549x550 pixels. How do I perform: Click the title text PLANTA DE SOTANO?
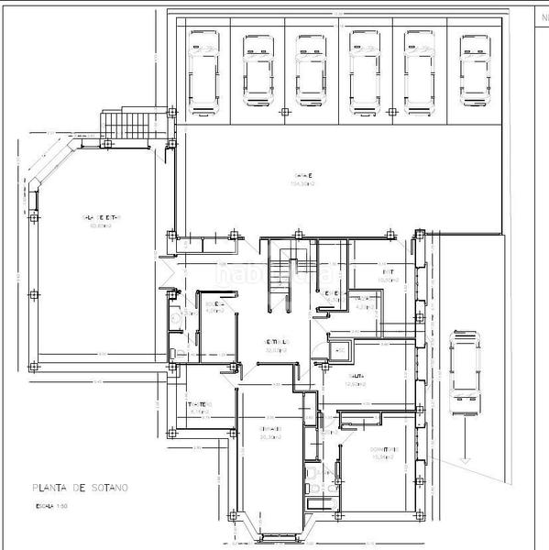tap(80, 489)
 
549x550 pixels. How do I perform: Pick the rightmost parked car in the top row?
tap(474, 71)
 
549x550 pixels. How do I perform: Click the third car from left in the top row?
tap(311, 71)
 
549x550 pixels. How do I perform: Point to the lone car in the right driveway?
tap(465, 375)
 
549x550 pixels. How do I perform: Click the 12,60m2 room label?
tap(355, 380)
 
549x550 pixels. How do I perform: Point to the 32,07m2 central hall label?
tap(276, 345)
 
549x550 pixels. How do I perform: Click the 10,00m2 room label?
tap(389, 276)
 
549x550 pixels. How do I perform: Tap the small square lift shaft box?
tap(339, 349)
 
